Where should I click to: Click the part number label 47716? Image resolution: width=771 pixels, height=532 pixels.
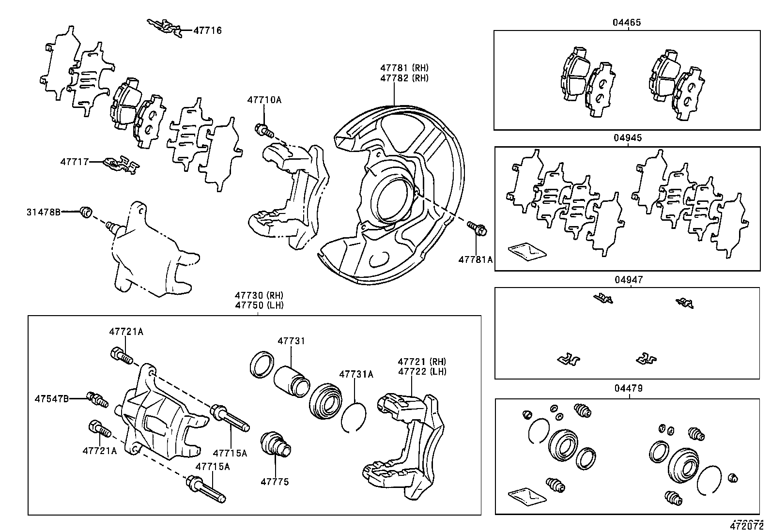207,30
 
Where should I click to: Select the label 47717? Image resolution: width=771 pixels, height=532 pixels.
74,162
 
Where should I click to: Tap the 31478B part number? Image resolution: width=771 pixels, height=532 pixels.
44,212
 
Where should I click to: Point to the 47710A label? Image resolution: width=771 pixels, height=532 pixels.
264,100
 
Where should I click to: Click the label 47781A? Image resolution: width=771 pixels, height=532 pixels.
475,260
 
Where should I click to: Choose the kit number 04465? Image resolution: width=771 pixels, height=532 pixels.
627,22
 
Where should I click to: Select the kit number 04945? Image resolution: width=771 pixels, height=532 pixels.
628,138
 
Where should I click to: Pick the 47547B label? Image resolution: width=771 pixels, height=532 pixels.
51,399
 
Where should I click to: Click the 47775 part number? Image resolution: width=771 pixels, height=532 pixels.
275,482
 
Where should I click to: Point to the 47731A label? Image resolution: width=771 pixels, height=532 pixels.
356,374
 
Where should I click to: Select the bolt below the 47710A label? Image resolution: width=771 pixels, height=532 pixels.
263,130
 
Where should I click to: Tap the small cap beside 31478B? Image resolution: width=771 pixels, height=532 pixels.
86,212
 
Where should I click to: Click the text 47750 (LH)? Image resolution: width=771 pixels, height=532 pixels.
259,305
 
